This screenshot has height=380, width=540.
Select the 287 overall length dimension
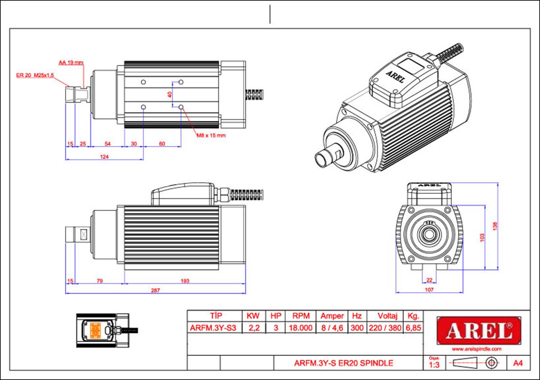[155, 291]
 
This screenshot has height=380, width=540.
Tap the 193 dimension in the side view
[184, 281]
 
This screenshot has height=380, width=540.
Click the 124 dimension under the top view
[105, 156]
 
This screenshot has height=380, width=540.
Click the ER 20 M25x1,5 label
[35, 76]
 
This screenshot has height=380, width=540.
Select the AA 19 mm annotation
[71, 63]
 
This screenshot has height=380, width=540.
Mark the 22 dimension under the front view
[429, 280]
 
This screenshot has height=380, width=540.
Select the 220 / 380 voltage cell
[384, 328]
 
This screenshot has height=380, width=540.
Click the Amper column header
[332, 316]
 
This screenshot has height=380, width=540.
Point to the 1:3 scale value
[434, 365]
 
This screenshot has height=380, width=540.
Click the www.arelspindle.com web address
[477, 349]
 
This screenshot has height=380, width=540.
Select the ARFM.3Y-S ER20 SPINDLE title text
[343, 363]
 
